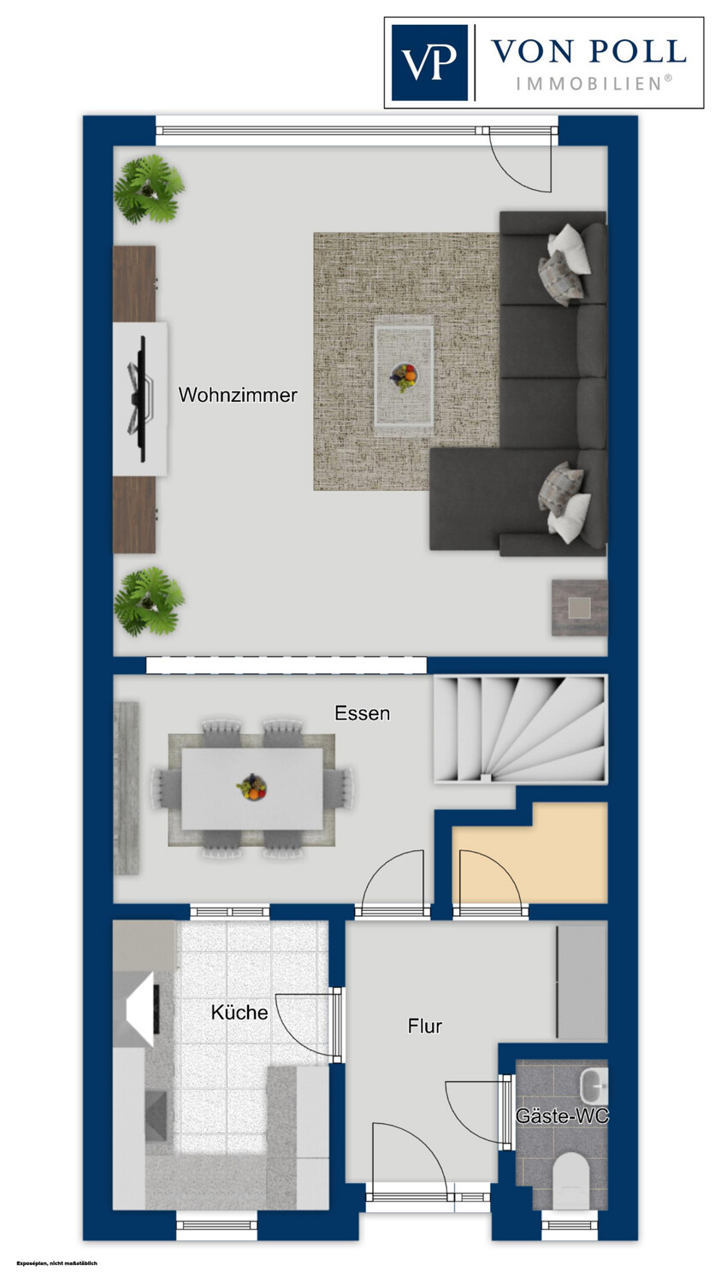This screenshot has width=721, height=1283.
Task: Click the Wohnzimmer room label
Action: [x=238, y=394]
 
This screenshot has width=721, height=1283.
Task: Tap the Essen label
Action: [x=362, y=713]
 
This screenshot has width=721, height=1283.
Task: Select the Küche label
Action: [x=239, y=1013]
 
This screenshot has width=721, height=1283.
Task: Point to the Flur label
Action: [x=424, y=1026]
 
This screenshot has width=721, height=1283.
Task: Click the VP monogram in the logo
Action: [x=429, y=62]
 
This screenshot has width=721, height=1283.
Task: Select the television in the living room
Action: [x=140, y=399]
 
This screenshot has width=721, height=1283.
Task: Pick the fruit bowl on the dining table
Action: [x=252, y=786]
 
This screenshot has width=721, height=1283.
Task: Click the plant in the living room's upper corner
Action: [x=148, y=188]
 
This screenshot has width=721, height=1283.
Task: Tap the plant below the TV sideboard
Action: [x=148, y=601]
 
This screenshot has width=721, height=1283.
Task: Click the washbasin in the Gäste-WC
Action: [x=594, y=1085]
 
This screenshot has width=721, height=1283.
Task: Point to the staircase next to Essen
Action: [x=520, y=729]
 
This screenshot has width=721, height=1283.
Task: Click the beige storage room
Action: [x=529, y=854]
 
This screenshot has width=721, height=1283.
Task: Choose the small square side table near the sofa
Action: [x=580, y=607]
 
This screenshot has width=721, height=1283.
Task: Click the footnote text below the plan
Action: [x=57, y=1263]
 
